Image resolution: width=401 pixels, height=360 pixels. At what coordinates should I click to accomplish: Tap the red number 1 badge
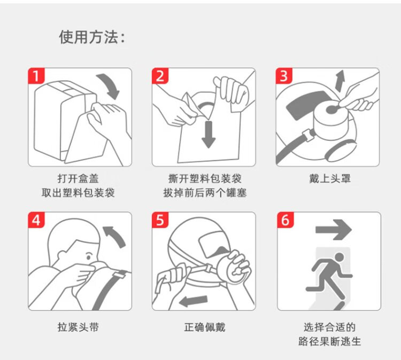[x=36, y=76]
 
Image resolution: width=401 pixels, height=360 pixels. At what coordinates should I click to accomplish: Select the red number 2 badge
[x=160, y=76]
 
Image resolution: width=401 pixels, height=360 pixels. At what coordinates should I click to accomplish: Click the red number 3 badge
[x=284, y=76]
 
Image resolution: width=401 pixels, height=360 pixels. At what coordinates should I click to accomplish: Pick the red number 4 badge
[x=36, y=220]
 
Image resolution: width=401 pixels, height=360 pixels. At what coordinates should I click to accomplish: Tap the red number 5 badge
[x=160, y=220]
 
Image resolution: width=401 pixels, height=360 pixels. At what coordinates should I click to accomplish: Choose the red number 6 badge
[x=286, y=220]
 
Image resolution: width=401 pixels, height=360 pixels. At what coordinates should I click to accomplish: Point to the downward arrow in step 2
[x=209, y=134]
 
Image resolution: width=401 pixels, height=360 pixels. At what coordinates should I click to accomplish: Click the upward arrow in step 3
[x=340, y=81]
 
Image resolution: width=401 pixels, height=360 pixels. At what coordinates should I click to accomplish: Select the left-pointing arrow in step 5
[x=193, y=301]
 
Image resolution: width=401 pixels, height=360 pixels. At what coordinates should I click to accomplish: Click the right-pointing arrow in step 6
[x=334, y=230]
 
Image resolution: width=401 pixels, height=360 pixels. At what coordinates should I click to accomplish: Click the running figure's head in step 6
[x=339, y=258]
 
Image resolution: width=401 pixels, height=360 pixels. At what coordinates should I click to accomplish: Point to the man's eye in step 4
[x=88, y=256]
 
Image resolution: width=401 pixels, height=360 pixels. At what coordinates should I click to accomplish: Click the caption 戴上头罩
[x=330, y=178]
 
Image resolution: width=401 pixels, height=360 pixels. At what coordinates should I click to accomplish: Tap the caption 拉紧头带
[x=78, y=327]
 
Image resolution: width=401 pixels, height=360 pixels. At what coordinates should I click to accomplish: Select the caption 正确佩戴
[x=205, y=327]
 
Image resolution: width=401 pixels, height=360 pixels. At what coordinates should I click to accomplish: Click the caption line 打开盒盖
[x=78, y=178]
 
